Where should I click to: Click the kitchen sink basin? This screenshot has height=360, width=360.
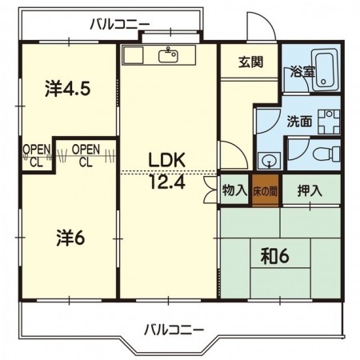(168, 55)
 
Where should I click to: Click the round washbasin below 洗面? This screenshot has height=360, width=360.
(269, 161)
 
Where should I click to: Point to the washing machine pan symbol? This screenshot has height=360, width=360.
(329, 122)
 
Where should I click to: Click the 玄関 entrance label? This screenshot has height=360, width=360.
(250, 62)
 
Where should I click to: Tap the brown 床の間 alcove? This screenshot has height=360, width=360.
(266, 191)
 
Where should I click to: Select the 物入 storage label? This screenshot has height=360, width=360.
(234, 190)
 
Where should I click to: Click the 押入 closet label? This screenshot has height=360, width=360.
(310, 190)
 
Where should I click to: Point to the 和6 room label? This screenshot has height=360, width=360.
(275, 257)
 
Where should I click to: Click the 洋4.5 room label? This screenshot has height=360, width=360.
(68, 89)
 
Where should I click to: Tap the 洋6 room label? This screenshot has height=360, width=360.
(70, 238)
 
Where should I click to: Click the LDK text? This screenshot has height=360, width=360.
(167, 160)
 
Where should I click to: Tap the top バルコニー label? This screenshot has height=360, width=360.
(120, 25)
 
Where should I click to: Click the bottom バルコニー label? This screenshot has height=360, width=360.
(174, 330)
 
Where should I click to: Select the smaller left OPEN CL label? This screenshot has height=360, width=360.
(36, 156)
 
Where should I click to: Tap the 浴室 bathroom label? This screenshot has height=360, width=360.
(303, 71)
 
